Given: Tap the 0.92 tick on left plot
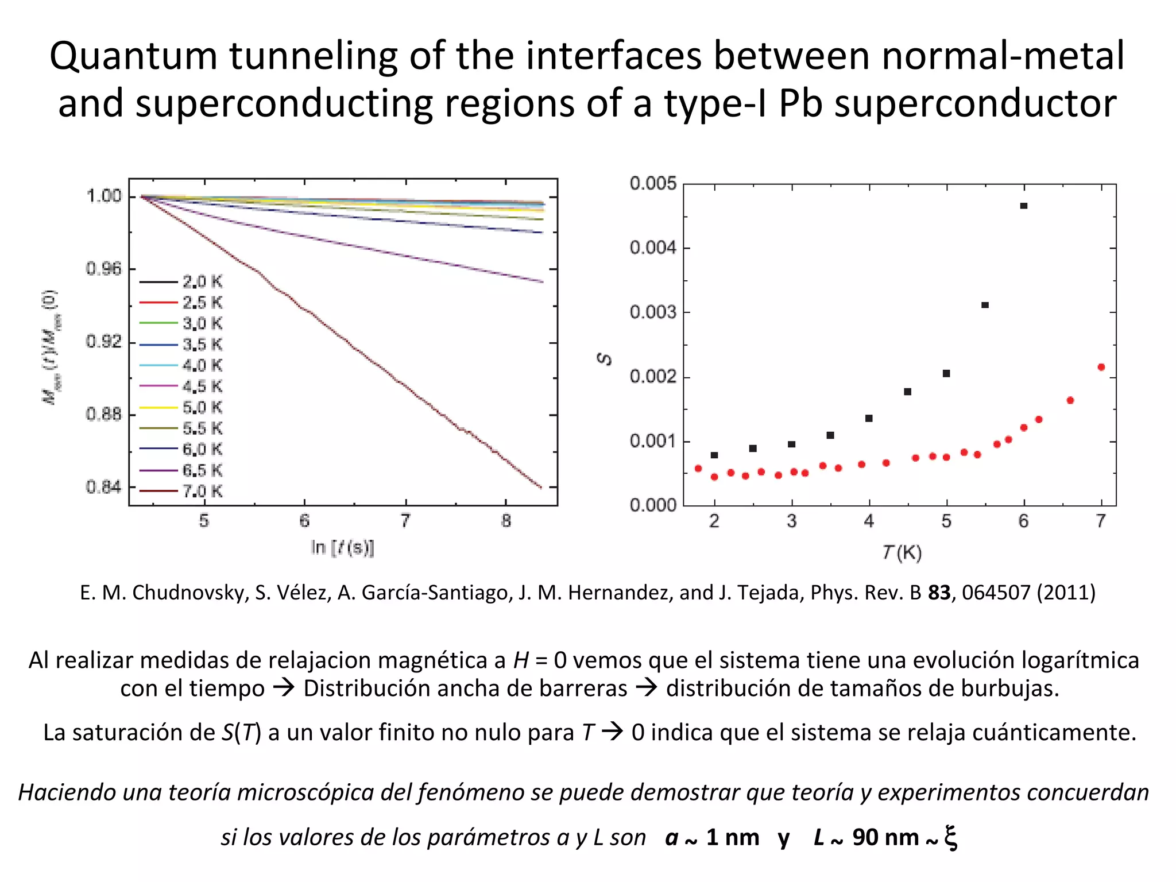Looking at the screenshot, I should (104, 342).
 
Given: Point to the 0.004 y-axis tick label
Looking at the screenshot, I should (653, 248).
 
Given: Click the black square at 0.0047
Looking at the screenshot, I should (1024, 206).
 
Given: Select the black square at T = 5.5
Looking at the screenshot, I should (985, 305).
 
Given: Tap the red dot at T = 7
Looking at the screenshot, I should (1101, 367).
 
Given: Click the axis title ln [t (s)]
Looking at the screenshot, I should (342, 547).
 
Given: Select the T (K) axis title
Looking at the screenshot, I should (902, 553).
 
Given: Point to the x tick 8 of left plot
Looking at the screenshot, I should (506, 521).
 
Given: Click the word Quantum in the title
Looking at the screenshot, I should (133, 56).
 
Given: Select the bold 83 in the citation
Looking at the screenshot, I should (939, 593).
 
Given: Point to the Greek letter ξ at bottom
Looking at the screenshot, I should (950, 837).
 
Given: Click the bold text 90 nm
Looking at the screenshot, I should (885, 838).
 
